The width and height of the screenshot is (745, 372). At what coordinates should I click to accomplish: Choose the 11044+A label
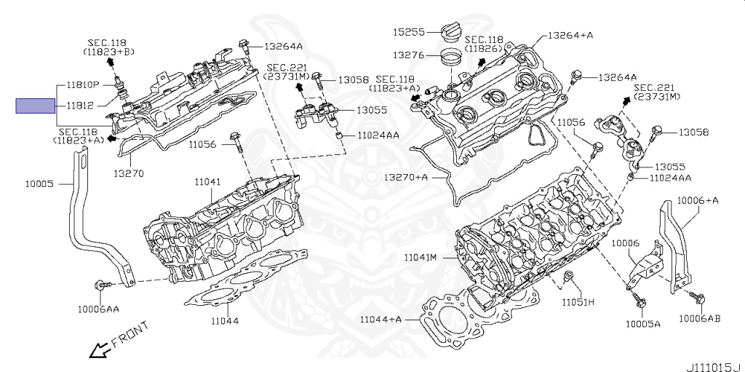381,319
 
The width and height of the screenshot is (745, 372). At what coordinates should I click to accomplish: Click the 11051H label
578,301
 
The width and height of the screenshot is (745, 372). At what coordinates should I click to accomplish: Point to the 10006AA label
98,309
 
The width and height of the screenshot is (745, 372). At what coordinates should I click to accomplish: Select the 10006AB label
700,318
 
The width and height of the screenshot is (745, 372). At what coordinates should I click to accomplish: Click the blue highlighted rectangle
35,106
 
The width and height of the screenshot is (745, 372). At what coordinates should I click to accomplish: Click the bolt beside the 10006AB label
699,298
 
